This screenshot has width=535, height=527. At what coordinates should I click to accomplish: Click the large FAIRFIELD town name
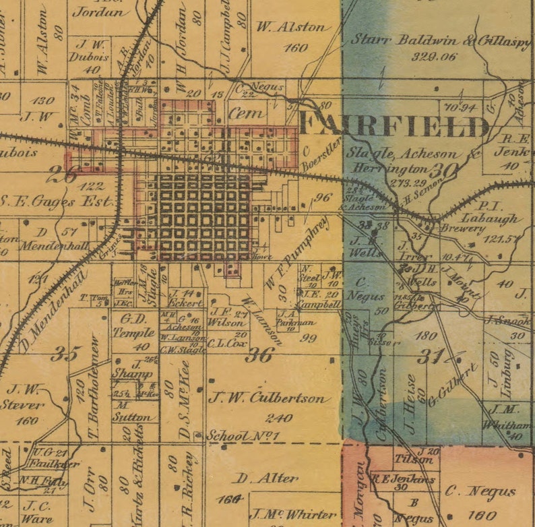394,126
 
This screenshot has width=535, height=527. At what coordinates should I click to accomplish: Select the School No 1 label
243,436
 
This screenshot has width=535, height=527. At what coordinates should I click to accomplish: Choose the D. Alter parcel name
267,478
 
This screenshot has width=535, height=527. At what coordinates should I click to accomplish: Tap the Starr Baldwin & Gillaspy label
440,40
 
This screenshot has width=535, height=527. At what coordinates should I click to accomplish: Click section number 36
258,355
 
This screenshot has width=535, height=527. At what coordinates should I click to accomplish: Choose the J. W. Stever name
26,398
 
